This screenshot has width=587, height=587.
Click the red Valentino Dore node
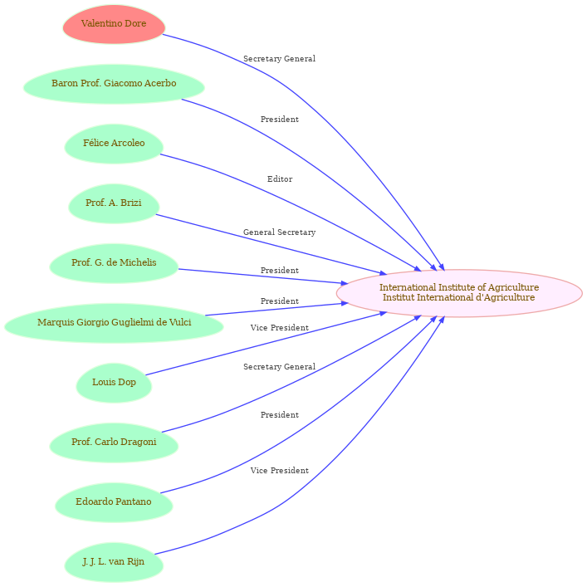(114, 24)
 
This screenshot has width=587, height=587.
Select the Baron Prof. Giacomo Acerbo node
(114, 84)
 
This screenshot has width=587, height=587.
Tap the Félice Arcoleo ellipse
(114, 144)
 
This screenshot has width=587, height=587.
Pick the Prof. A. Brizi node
(114, 203)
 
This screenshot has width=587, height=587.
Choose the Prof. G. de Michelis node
(114, 263)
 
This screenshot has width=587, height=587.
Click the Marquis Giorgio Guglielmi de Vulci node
(114, 323)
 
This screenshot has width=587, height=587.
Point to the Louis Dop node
(114, 383)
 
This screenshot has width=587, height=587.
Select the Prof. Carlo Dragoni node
(114, 443)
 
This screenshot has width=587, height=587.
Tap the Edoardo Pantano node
(114, 502)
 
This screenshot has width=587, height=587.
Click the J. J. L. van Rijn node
(114, 562)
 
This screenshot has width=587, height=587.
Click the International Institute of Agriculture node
(458, 293)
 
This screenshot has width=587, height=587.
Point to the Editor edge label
(280, 179)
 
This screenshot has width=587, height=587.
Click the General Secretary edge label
(279, 232)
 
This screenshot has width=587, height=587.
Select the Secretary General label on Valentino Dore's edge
(279, 59)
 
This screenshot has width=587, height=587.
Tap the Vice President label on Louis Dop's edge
(279, 328)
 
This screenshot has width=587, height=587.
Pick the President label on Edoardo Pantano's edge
(279, 415)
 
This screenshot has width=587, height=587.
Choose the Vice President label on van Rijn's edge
(279, 471)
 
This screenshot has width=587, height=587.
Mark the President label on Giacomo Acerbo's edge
(279, 120)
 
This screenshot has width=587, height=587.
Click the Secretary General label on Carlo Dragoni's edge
(279, 367)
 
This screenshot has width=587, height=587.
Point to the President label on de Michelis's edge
(279, 271)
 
